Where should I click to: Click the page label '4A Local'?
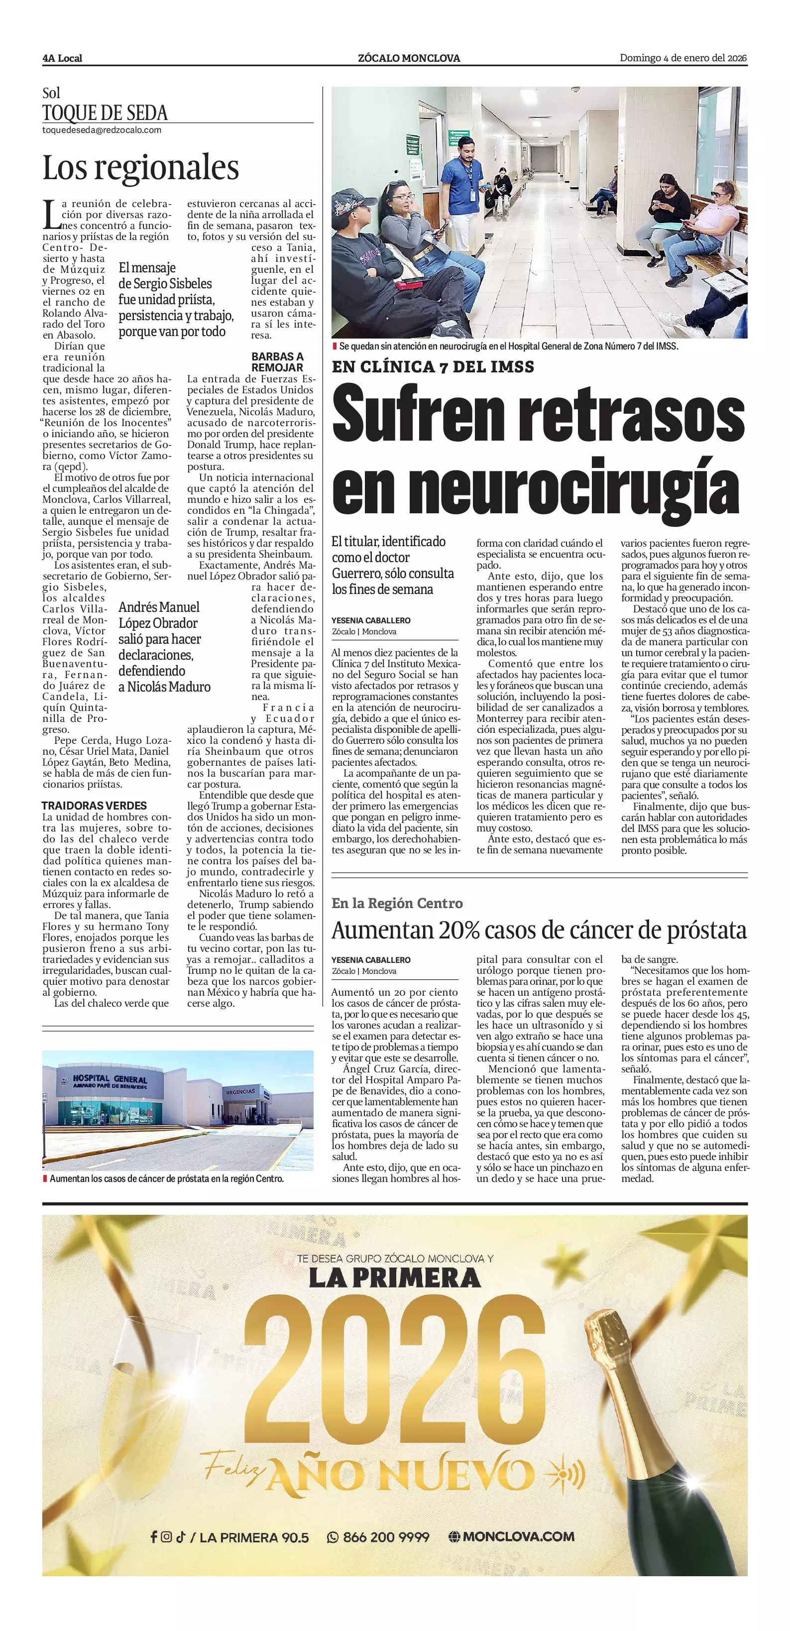tap(62, 58)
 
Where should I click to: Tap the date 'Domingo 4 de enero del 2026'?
tap(683, 58)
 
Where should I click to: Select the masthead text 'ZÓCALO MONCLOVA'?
tap(409, 58)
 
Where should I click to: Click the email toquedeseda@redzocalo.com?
tap(101, 130)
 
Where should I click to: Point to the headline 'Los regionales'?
tap(140, 168)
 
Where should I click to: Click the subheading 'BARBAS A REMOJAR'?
tap(277, 361)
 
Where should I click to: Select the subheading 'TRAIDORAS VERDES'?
tap(94, 806)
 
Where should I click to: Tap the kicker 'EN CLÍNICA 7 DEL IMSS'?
tap(433, 366)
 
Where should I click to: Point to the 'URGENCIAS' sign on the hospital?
tap(240, 1091)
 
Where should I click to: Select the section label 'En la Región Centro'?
tap(397, 904)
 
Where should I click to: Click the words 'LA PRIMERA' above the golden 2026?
tap(394, 1279)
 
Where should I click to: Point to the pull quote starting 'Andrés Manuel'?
tap(164, 646)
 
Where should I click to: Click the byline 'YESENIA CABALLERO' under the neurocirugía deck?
tap(371, 620)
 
